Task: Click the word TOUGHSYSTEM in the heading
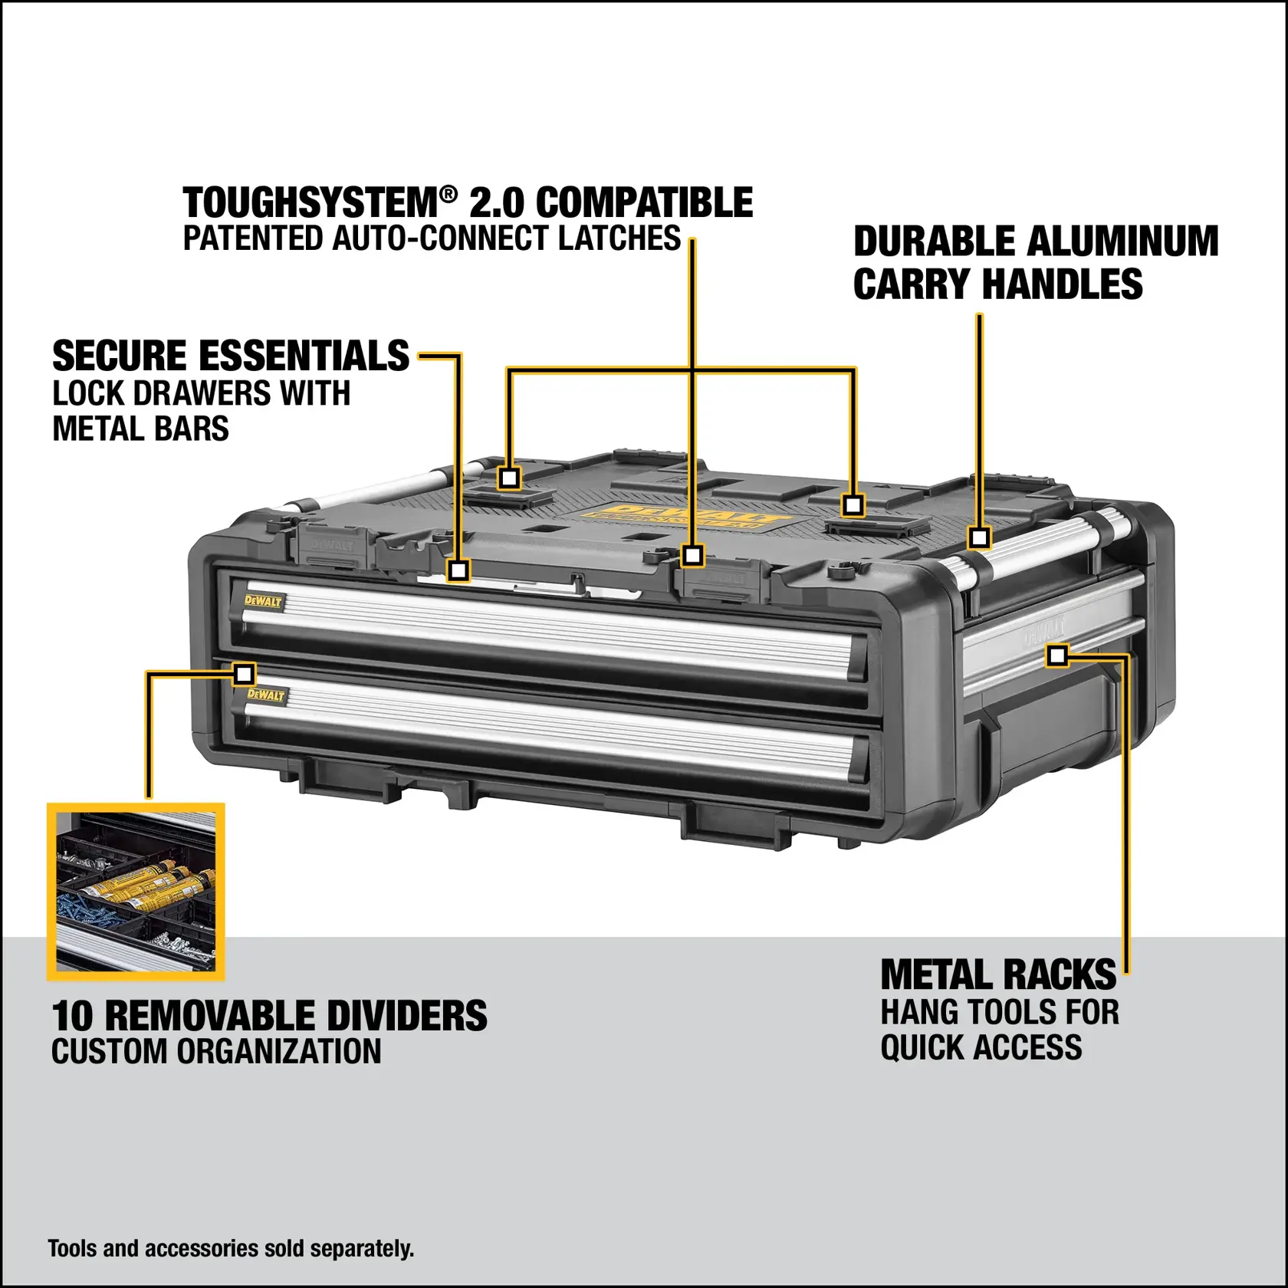[x=311, y=204]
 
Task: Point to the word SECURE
[x=120, y=356]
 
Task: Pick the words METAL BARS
[x=140, y=429]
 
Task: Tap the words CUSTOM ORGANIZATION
[x=216, y=1051]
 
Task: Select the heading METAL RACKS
[x=998, y=976]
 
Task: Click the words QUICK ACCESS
[x=981, y=1047]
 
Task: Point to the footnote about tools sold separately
[x=231, y=1248]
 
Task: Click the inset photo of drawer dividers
[x=136, y=892]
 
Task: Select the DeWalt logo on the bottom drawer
[x=266, y=695]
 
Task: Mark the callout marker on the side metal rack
[x=1057, y=655]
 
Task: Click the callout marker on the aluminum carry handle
[x=978, y=537]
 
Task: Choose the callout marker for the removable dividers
[x=244, y=675]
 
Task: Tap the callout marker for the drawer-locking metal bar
[x=458, y=570]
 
